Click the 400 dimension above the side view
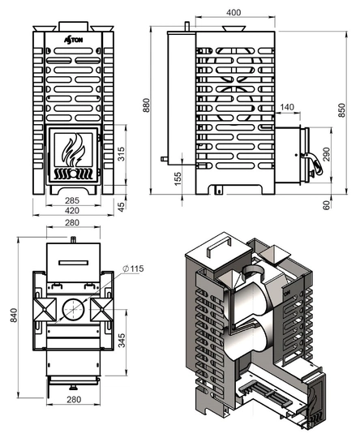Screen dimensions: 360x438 234,12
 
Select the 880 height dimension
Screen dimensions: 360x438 146,105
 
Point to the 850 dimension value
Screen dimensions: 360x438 341,110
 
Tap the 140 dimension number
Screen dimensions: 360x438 287,107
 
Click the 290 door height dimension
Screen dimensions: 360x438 326,154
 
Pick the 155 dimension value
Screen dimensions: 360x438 178,178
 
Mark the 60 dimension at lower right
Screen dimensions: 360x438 326,204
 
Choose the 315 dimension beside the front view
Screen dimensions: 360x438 121,154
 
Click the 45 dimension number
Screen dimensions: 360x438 121,207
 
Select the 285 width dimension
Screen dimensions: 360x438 72,200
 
